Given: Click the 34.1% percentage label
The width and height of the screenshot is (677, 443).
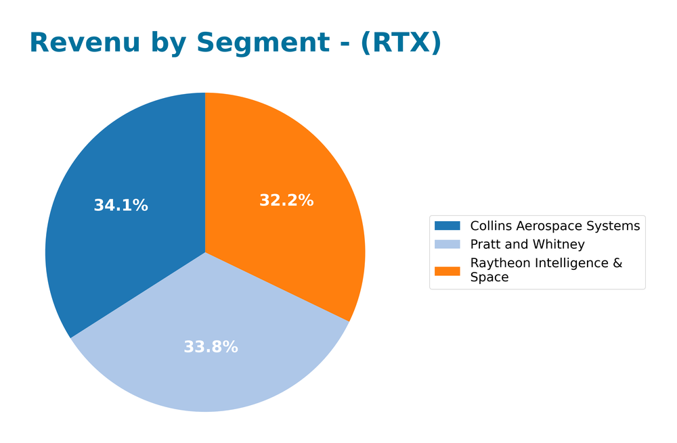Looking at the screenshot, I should click(x=121, y=206).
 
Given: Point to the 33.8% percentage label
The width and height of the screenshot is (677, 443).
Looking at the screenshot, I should click(x=211, y=347).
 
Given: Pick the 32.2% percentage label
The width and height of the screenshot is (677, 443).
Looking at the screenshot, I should click(x=286, y=200).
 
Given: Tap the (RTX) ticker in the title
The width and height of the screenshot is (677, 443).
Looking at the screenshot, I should click(x=401, y=43).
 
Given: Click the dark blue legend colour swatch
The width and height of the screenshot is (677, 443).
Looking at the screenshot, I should click(x=447, y=226).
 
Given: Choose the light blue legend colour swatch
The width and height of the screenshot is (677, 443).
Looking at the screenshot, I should click(x=447, y=244).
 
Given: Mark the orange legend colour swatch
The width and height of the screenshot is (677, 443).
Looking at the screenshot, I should click(x=447, y=271).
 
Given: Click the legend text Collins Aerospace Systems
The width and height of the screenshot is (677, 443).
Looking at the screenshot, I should click(x=554, y=226).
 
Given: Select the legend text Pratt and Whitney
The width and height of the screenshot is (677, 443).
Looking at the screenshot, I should click(x=527, y=244).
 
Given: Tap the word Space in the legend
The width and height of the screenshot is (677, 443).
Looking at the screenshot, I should click(x=489, y=277).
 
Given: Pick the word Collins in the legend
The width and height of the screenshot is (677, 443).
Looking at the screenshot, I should click(x=490, y=226).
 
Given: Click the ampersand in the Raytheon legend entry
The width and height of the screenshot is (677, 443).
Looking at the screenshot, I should click(x=617, y=263).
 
